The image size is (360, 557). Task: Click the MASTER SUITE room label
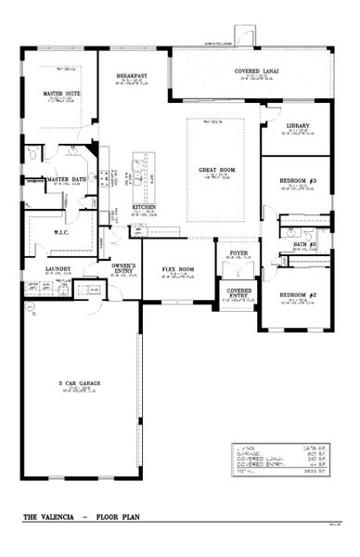(58, 94)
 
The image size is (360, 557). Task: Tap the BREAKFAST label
(130, 76)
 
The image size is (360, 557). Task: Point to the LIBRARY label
(297, 125)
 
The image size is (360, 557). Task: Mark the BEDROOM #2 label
(299, 295)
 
